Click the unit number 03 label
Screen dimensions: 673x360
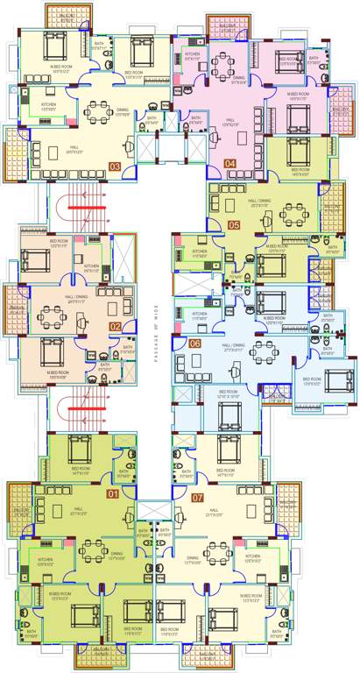click(x=115, y=166)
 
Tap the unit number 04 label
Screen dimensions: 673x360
click(x=230, y=164)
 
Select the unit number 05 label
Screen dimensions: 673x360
click(x=234, y=225)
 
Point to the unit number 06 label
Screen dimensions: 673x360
click(x=195, y=343)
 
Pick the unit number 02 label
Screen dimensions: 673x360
click(x=115, y=327)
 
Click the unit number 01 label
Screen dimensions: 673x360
click(x=112, y=494)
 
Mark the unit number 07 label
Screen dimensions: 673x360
click(x=198, y=499)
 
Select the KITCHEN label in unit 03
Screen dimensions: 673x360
click(x=49, y=107)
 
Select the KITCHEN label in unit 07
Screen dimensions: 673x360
click(x=252, y=557)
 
